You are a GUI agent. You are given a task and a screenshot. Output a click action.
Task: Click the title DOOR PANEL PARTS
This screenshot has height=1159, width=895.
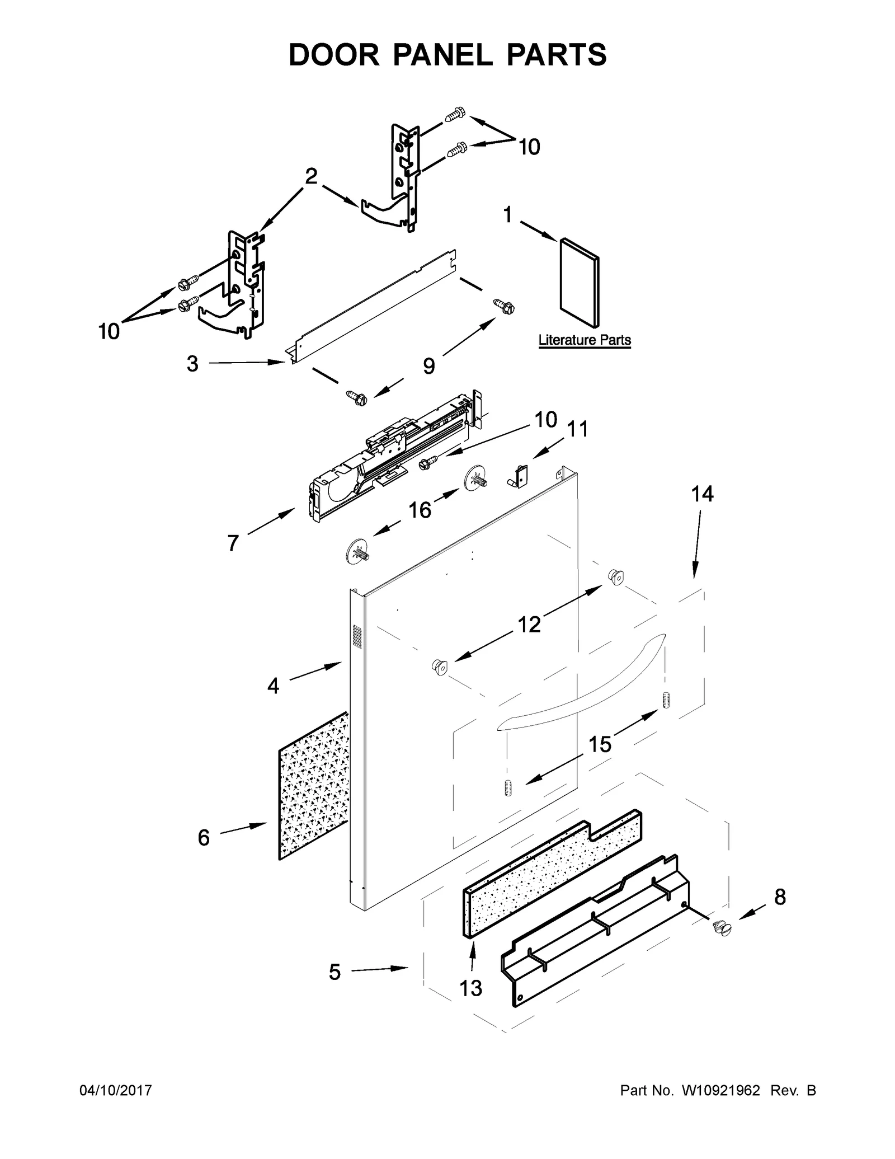(x=447, y=55)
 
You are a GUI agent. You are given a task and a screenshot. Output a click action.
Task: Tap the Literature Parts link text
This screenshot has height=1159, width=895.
(x=584, y=340)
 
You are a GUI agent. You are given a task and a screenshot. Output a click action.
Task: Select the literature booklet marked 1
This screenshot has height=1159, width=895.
(x=580, y=283)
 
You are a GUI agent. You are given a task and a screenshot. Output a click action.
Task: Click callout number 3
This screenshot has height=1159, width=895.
(x=192, y=364)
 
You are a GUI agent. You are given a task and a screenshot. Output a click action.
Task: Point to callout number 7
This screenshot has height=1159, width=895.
(x=233, y=543)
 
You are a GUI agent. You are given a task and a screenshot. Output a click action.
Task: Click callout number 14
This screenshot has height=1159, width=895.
(x=702, y=494)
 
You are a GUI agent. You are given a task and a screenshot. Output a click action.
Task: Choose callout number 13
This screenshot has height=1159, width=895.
(x=470, y=988)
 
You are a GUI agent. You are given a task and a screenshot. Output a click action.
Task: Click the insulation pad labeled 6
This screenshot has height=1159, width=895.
(x=313, y=786)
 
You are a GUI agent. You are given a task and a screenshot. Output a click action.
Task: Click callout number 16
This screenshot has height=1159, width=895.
(x=420, y=510)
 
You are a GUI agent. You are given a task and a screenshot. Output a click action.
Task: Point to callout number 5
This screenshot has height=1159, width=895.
(x=334, y=973)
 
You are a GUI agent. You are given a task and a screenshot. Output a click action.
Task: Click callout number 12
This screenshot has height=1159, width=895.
(x=529, y=624)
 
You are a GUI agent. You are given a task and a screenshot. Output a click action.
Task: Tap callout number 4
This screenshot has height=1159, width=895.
(x=273, y=686)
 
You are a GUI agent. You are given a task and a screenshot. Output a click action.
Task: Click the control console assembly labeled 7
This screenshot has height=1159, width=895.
(x=392, y=459)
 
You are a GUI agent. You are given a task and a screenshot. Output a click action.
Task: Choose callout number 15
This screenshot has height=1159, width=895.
(x=600, y=744)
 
